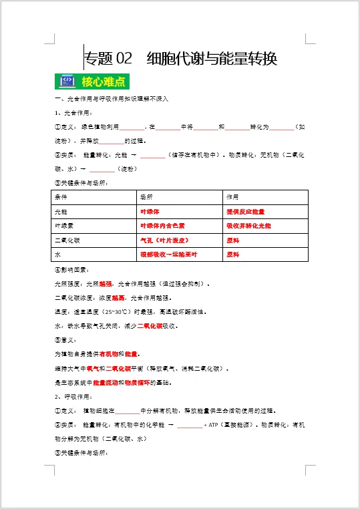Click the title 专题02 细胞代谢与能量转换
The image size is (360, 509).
180,59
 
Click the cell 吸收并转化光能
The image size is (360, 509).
248,226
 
